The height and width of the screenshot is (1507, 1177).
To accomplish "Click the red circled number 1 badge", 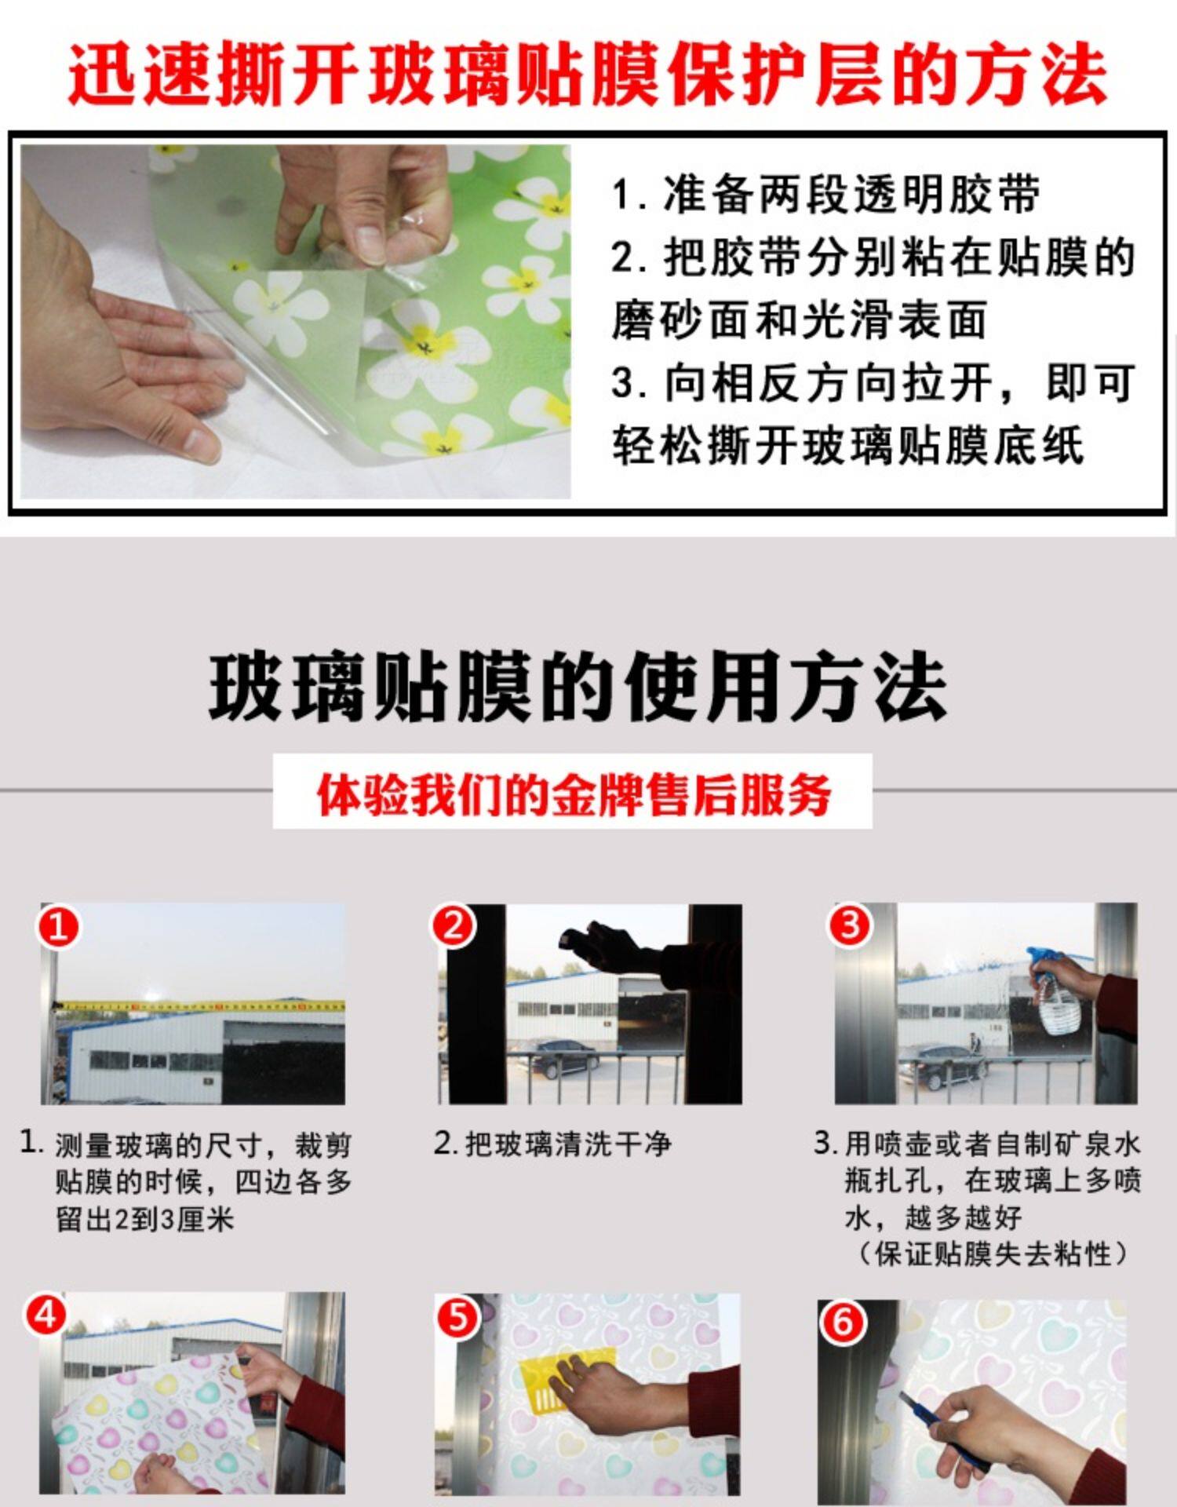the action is (59, 927).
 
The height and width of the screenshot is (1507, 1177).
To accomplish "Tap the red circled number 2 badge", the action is (453, 925).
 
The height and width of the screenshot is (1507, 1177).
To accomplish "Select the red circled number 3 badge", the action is (850, 925).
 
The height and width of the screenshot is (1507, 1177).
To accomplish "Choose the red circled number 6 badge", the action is (842, 1323).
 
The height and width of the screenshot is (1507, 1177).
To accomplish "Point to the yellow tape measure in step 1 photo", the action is (201, 1005).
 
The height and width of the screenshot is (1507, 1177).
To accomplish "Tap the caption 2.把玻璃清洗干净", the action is (552, 1144).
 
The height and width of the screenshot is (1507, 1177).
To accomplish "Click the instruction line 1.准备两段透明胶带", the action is (825, 194).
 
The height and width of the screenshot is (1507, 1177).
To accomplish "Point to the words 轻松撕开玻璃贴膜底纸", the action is (848, 444).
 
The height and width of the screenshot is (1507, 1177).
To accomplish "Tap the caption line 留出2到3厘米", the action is (144, 1219).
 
